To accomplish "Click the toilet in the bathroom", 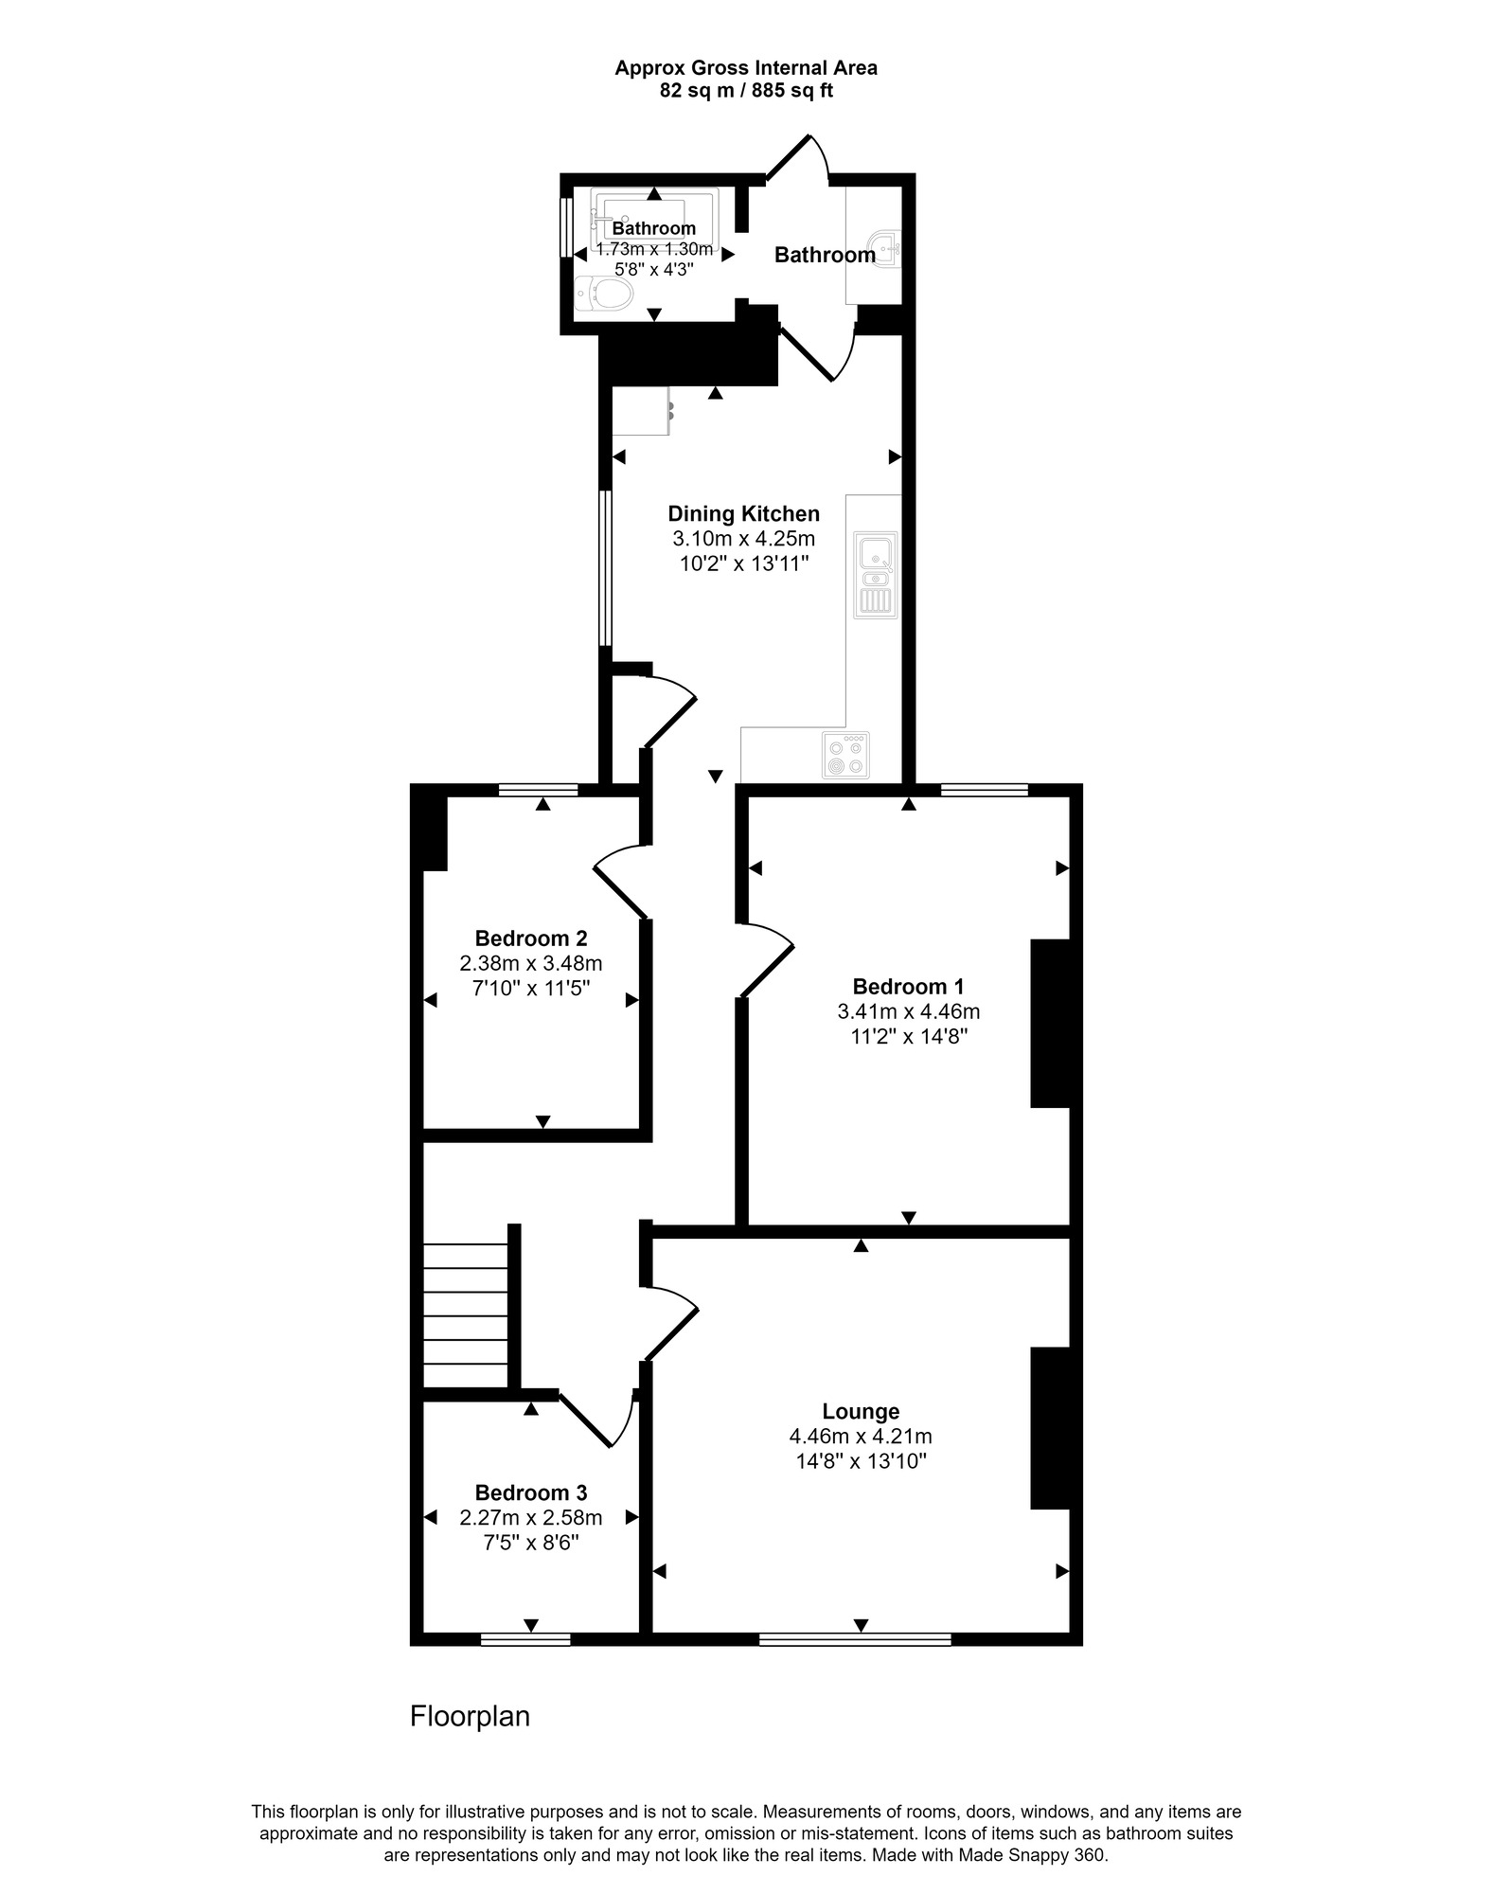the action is pos(604,293).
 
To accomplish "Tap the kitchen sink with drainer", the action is pos(876,575).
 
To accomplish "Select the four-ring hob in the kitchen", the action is pos(845,756).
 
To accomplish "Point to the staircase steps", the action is pos(466,1315).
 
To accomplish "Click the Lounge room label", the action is pos(861,1412).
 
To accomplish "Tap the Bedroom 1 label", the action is pos(908,987).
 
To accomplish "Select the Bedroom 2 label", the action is pos(531,938).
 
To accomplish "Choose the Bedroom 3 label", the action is pos(531,1492).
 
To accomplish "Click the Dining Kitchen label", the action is pos(744,514).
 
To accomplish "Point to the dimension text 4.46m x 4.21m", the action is pos(861,1437).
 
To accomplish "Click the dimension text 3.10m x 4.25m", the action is pos(744,539).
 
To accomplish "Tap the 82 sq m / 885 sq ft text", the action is pos(746,91).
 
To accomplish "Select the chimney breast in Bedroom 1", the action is pos(1050,1023).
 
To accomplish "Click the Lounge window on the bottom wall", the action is pos(855,1639).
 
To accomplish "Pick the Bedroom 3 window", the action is pos(525,1639).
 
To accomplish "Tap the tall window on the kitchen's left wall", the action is pos(604,568).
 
